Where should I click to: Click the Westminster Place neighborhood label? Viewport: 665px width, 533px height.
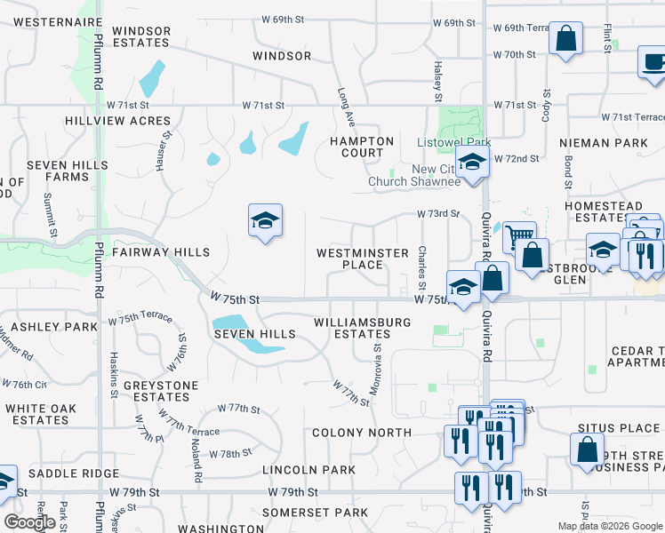[x=362, y=259]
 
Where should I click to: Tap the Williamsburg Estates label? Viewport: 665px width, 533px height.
[x=361, y=328]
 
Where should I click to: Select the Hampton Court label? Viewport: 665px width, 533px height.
[x=361, y=147]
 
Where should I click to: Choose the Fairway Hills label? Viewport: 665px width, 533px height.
[x=161, y=252]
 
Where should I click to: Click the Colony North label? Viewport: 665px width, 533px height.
[x=361, y=433]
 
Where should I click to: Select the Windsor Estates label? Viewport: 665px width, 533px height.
[x=141, y=36]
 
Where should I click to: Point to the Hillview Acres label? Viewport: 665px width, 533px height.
[x=117, y=120]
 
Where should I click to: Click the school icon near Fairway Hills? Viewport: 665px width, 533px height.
[x=265, y=220]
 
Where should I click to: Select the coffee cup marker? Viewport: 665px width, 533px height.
[x=653, y=61]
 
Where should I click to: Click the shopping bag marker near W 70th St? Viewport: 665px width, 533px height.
[x=565, y=39]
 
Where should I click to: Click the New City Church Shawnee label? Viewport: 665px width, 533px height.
[x=414, y=176]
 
